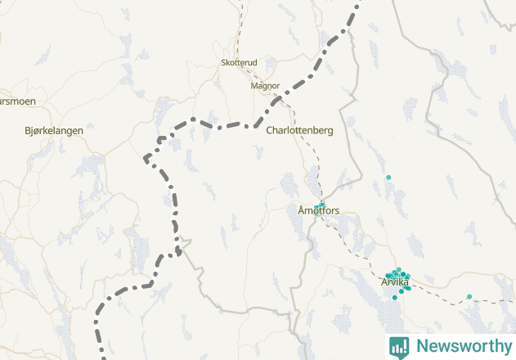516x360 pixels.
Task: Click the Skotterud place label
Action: (x=239, y=62)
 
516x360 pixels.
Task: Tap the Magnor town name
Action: (x=265, y=85)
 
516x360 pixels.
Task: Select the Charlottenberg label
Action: (x=299, y=130)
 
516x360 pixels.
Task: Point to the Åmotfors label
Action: (x=318, y=211)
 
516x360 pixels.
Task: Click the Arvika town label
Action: (x=394, y=282)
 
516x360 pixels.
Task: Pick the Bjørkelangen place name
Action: (x=54, y=130)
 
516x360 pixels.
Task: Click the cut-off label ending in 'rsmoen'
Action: (x=17, y=101)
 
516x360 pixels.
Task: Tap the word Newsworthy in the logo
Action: (x=462, y=346)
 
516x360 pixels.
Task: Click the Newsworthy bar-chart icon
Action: (x=399, y=346)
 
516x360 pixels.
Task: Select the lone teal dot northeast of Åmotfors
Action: (x=388, y=177)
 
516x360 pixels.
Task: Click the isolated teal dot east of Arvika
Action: (x=469, y=296)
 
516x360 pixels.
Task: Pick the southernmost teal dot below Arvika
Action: (x=394, y=297)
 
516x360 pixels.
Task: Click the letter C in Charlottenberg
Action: (x=270, y=130)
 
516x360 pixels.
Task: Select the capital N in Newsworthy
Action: (x=421, y=346)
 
